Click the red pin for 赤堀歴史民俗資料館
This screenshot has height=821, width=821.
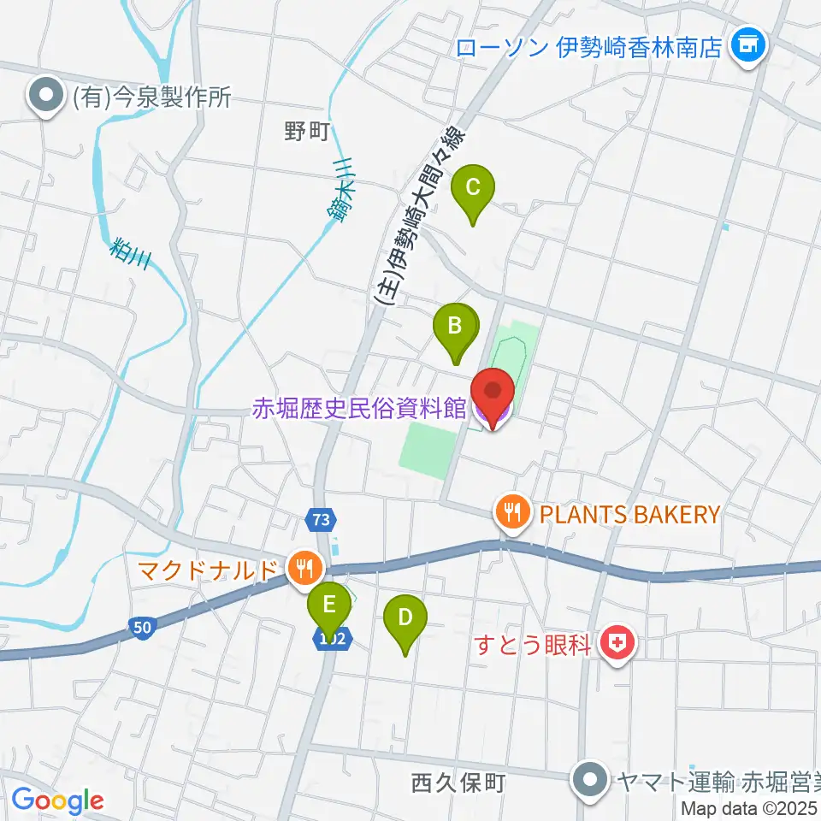pyautogui.click(x=493, y=394)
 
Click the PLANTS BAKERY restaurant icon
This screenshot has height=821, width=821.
pyautogui.click(x=512, y=514)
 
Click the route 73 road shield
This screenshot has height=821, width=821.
pyautogui.click(x=321, y=519)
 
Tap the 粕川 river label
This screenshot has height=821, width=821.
pyautogui.click(x=130, y=254)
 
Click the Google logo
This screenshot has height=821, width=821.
pyautogui.click(x=57, y=800)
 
